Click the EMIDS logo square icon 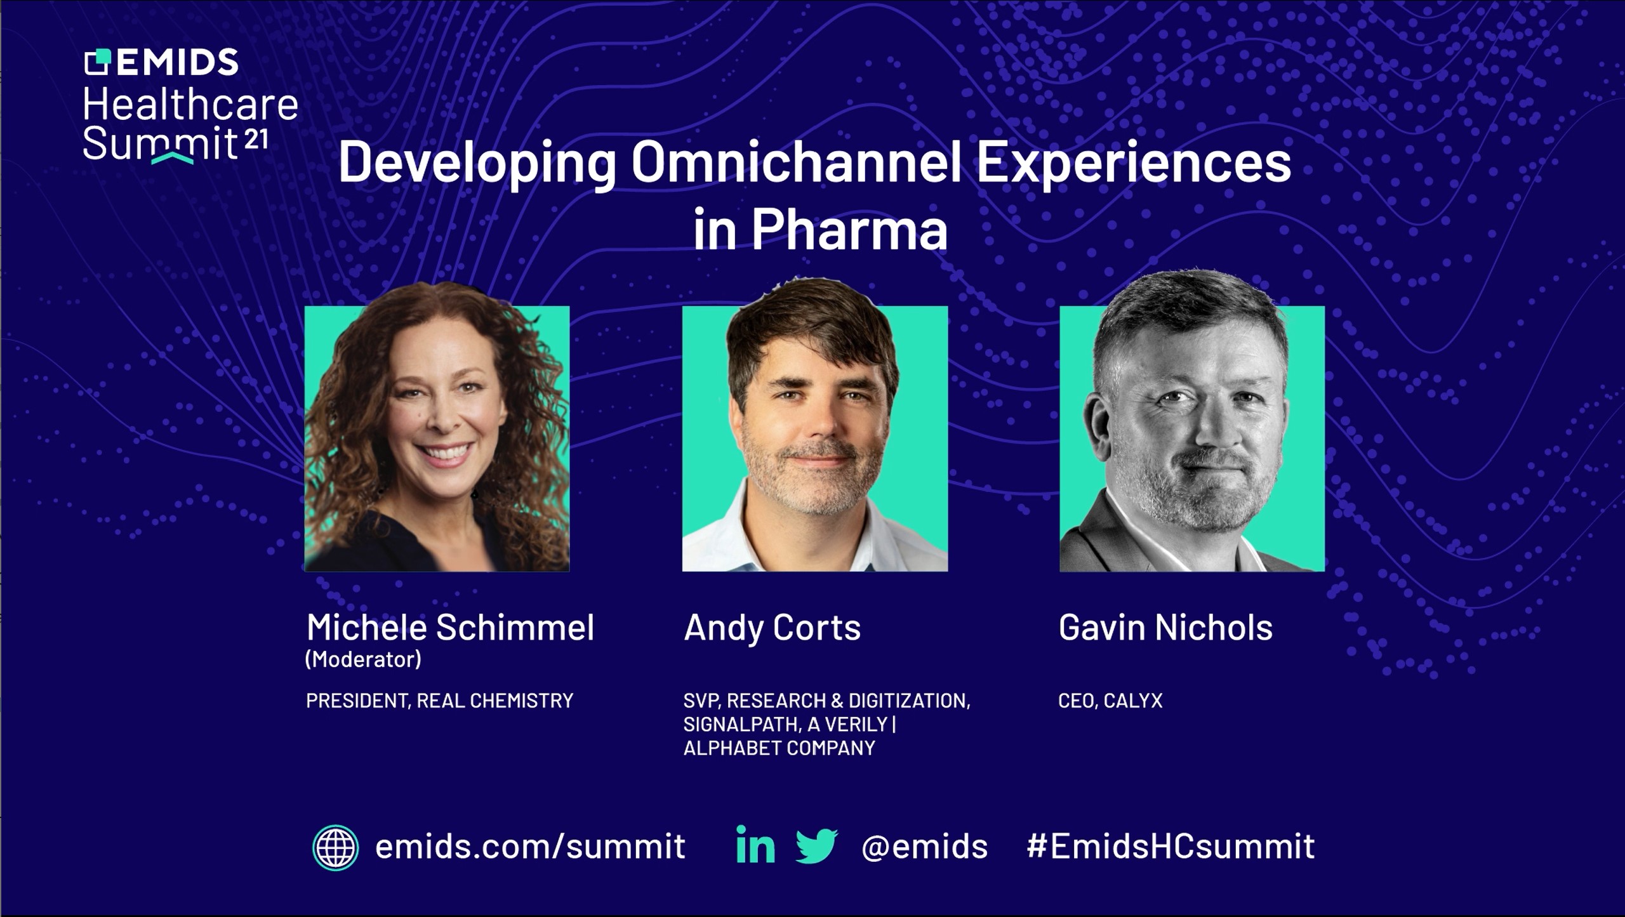pos(98,62)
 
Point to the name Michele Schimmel pos(450,628)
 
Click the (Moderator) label pos(363,659)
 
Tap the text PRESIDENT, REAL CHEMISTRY pos(439,701)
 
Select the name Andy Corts pos(772,628)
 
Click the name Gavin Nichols pos(1165,628)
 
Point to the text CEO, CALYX pos(1110,701)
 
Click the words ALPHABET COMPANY pos(779,748)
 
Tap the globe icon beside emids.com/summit pos(335,847)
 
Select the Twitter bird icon pos(817,845)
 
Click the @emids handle pos(924,847)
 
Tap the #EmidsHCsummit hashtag pos(1171,846)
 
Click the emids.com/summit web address pos(530,847)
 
